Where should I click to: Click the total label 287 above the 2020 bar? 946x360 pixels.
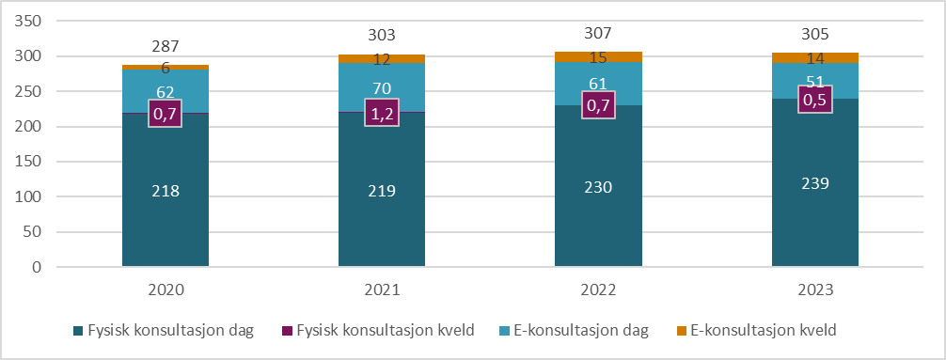(166, 46)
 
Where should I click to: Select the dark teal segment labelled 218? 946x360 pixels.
(166, 191)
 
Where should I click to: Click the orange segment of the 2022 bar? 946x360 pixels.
(598, 57)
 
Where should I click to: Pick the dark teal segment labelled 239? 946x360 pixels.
(814, 183)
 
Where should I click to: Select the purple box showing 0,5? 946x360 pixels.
(814, 99)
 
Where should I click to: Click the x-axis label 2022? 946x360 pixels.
(598, 290)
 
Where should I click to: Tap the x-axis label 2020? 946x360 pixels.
(166, 290)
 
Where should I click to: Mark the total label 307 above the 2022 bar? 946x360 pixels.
(598, 32)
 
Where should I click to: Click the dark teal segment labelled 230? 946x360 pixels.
(598, 187)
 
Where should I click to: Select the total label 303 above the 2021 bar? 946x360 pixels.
(382, 36)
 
